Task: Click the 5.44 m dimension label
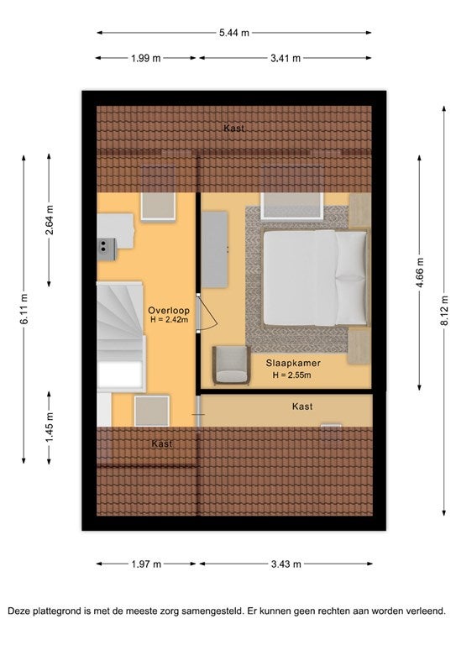234,33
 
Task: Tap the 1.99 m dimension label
146,58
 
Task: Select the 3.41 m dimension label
286,58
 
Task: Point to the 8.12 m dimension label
444,311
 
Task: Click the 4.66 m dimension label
419,273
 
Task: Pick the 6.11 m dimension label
24,309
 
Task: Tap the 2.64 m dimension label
49,220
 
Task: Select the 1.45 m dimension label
49,427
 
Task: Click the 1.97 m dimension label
146,564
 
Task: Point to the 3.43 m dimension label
286,564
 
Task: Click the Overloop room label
169,311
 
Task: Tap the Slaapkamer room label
293,363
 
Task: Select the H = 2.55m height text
291,375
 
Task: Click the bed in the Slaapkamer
316,278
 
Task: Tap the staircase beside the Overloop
121,336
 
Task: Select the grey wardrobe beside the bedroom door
214,249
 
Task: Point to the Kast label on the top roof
234,128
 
